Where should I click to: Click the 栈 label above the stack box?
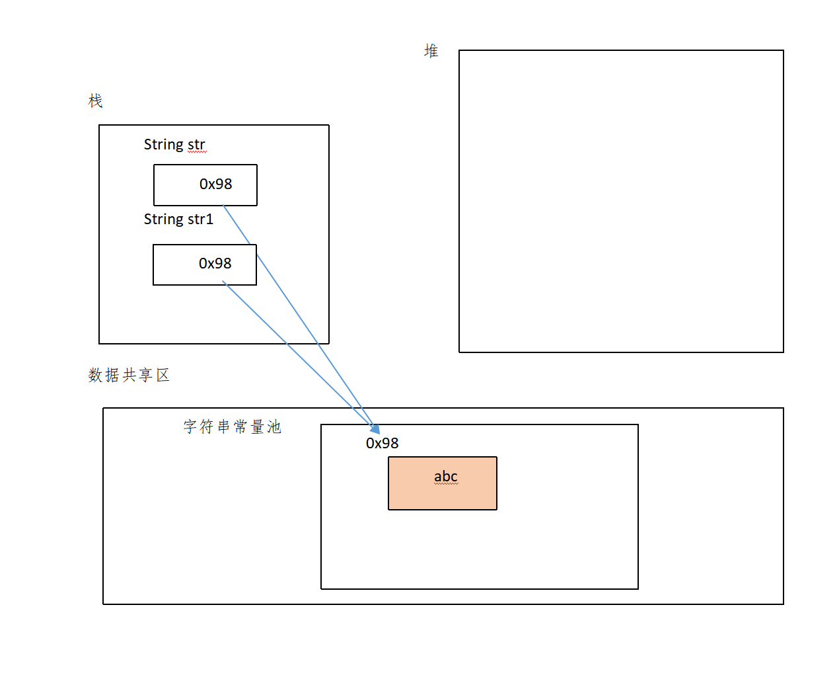click(96, 100)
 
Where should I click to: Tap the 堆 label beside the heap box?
click(431, 51)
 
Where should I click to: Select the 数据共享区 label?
click(129, 375)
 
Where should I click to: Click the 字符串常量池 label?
click(233, 426)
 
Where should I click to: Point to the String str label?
click(174, 145)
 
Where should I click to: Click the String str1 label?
click(178, 220)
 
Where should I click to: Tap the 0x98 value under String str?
click(215, 184)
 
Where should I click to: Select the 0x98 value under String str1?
click(215, 264)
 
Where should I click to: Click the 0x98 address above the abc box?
click(382, 444)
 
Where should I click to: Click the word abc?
click(445, 477)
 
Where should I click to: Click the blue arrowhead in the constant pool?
click(375, 429)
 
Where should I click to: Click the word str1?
click(200, 220)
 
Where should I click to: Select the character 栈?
click(96, 100)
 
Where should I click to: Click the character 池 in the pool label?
click(274, 426)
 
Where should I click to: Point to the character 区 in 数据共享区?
click(163, 375)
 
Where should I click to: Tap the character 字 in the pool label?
click(190, 426)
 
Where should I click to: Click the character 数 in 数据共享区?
click(95, 375)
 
